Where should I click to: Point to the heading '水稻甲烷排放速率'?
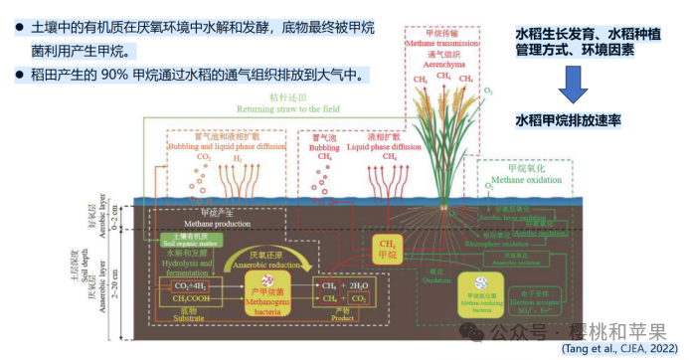pos(568,120)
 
